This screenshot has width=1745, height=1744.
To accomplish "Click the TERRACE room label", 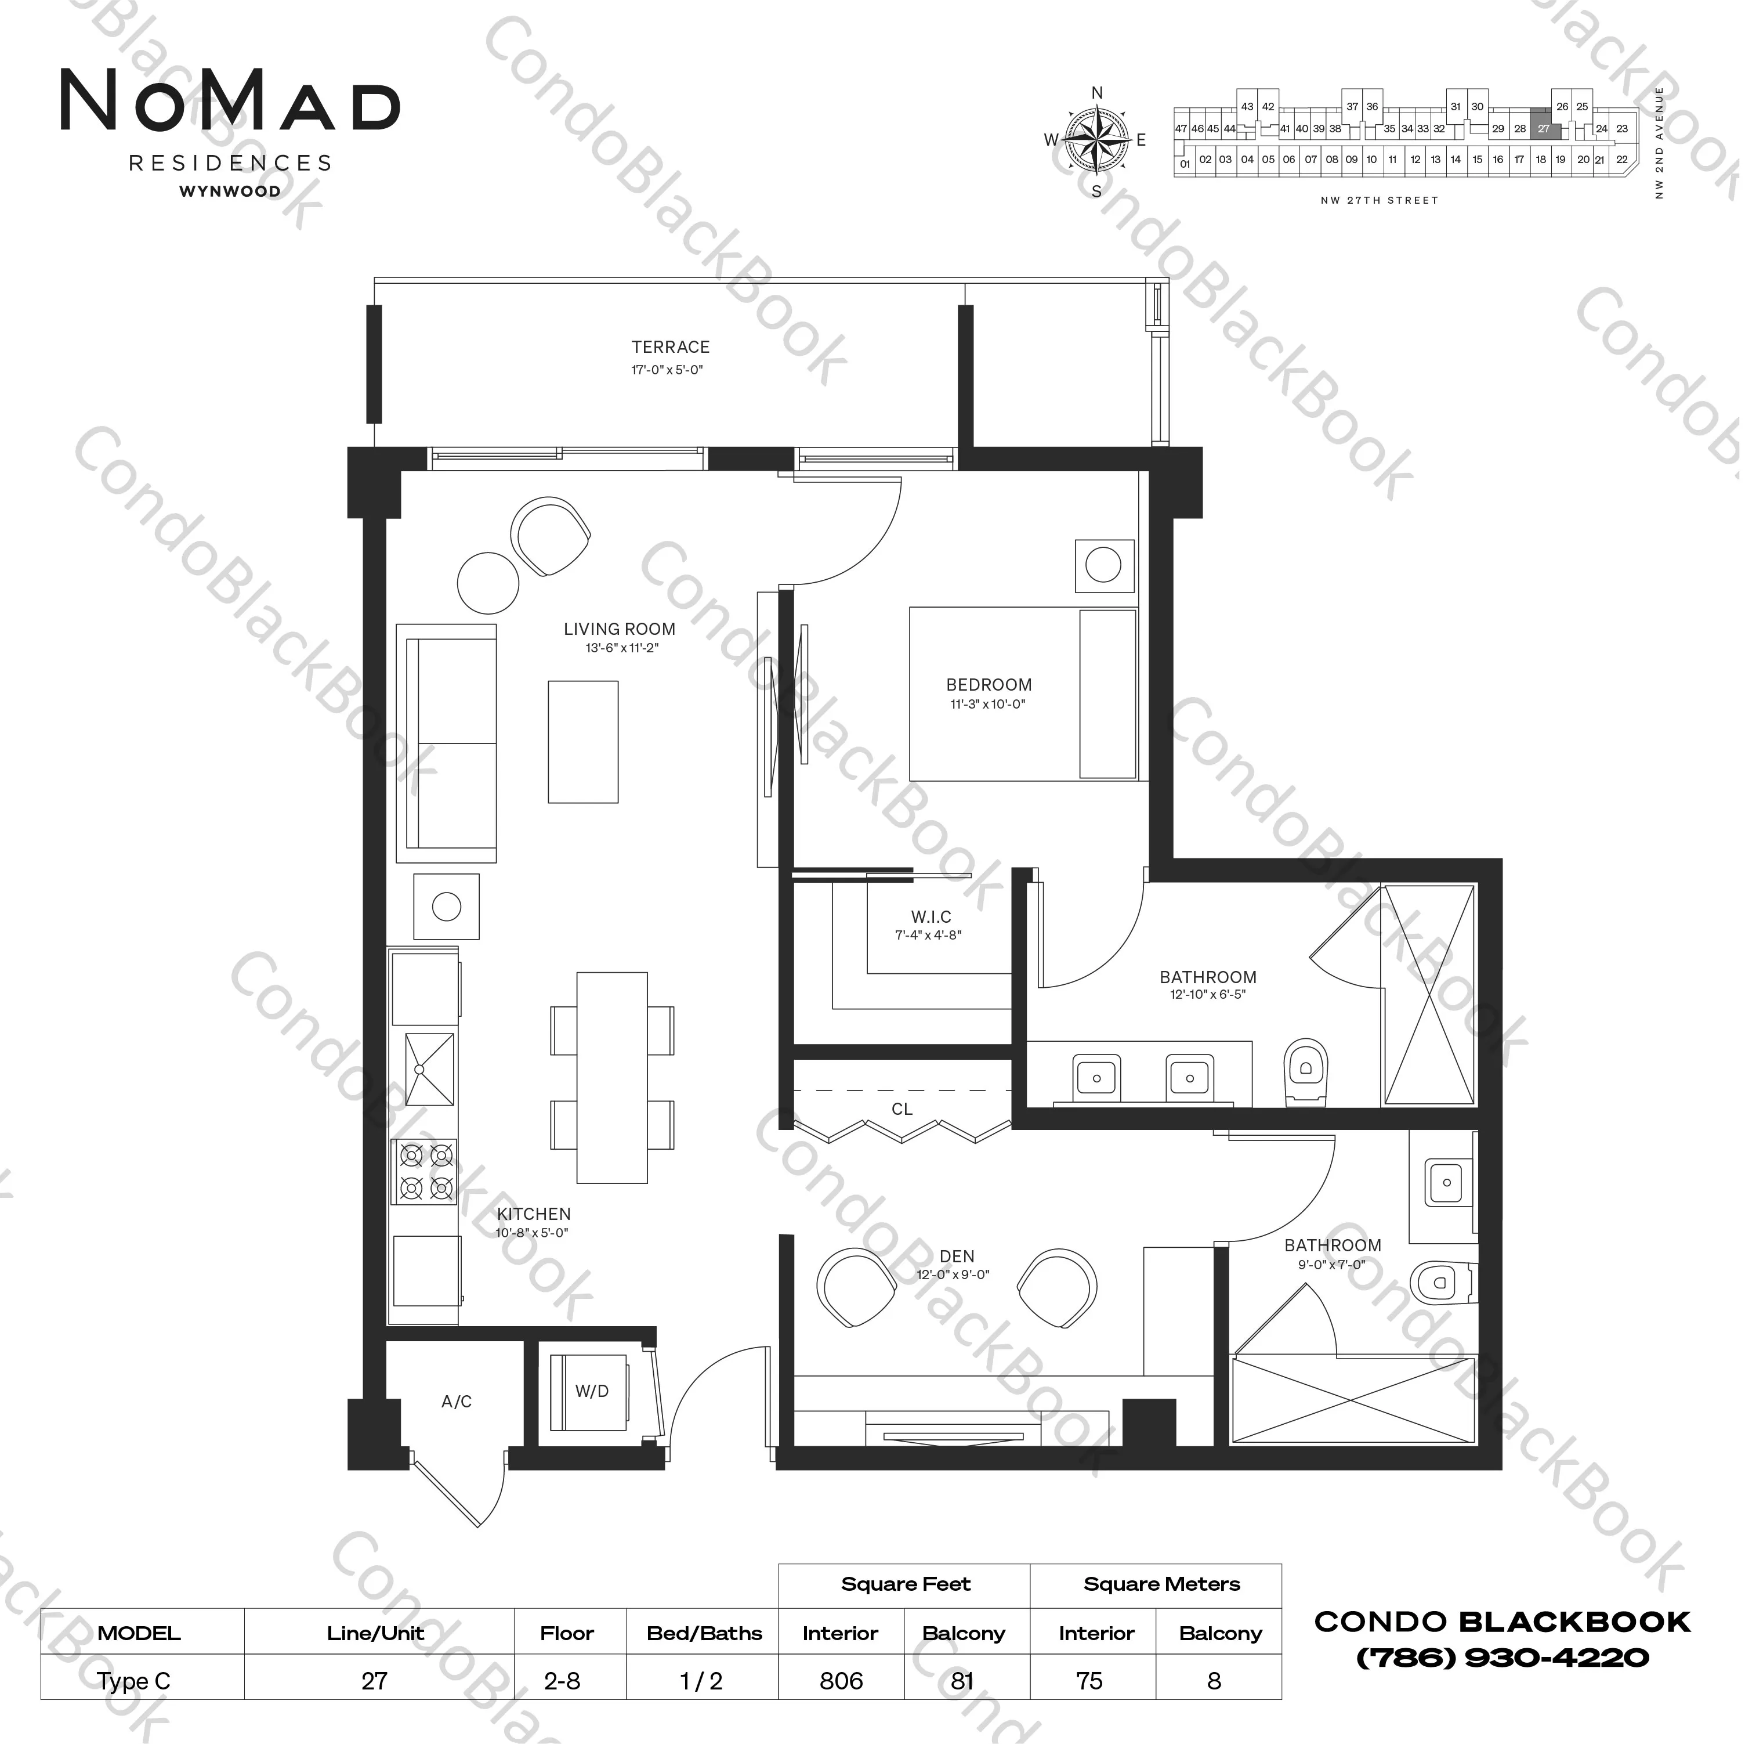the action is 670,347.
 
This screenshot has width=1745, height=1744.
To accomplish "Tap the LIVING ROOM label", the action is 620,629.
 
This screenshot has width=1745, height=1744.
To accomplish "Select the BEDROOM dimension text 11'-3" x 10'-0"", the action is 988,704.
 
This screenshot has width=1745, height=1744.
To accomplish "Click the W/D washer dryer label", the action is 592,1391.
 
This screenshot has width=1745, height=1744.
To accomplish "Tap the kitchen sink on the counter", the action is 430,1069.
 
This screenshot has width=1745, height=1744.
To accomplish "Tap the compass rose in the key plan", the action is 1096,140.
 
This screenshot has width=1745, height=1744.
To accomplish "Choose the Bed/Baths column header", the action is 704,1633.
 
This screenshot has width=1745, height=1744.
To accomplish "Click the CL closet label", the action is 902,1108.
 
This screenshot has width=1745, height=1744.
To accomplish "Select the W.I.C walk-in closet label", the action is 931,916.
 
